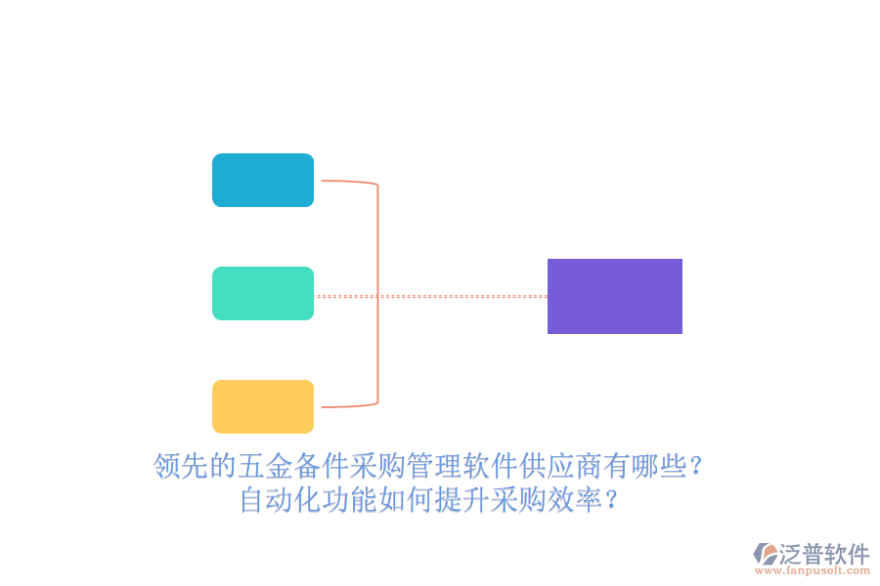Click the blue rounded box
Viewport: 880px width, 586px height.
click(263, 181)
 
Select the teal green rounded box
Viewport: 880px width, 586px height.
click(263, 294)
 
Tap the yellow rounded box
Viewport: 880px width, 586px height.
click(263, 406)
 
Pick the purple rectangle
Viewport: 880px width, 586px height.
click(614, 296)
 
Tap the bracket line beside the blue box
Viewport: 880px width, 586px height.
click(347, 182)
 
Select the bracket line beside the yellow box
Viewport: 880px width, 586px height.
click(347, 405)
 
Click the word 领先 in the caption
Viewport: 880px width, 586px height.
click(181, 466)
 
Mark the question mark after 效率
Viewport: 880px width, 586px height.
click(611, 501)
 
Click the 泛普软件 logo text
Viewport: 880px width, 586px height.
click(824, 554)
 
